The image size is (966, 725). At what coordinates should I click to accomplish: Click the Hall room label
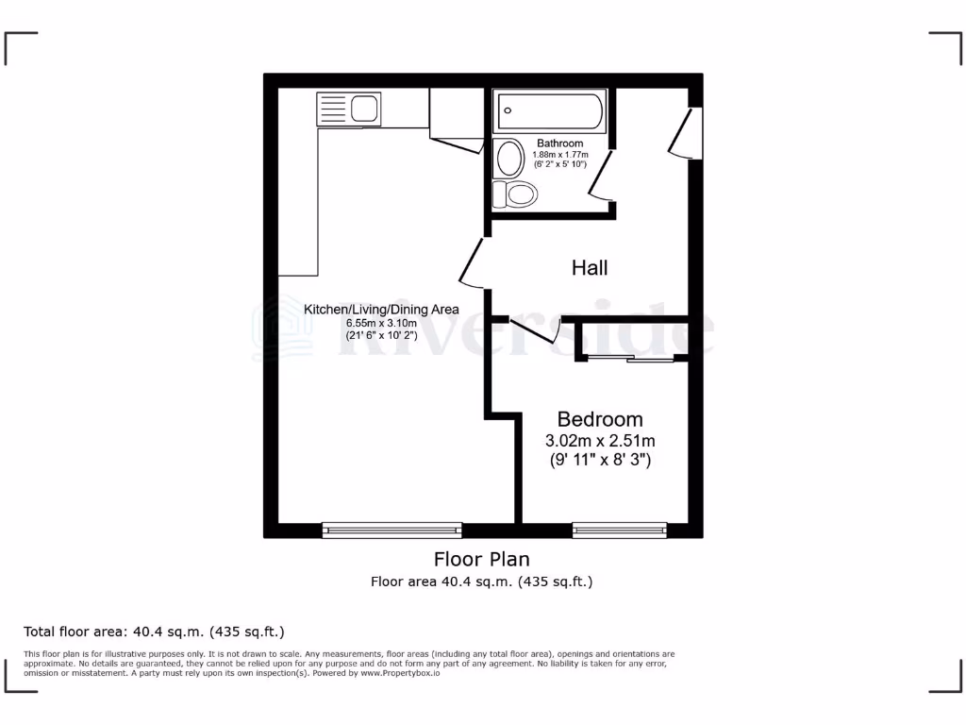590,268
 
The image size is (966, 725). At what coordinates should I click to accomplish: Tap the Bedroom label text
600,419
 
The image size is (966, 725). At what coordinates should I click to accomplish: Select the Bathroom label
560,143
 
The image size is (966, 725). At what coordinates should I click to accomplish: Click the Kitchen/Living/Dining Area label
381,310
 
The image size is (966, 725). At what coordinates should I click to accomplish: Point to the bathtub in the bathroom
550,111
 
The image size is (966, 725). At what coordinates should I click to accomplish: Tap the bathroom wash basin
510,159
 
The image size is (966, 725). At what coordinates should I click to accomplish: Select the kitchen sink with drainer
349,109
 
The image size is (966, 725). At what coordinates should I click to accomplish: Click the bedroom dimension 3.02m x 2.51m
600,441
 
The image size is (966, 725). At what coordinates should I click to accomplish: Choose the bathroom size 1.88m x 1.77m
560,154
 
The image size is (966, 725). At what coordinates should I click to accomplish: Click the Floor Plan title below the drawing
481,559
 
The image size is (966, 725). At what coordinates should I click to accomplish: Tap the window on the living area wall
392,531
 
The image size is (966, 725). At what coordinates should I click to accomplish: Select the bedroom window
619,531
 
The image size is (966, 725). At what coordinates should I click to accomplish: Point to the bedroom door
534,331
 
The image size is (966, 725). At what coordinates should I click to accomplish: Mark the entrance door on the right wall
687,132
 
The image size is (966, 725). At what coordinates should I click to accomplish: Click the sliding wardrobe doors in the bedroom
628,358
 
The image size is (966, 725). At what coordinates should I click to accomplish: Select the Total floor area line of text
154,632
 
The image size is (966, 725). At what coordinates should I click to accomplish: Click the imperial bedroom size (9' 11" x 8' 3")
600,462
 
